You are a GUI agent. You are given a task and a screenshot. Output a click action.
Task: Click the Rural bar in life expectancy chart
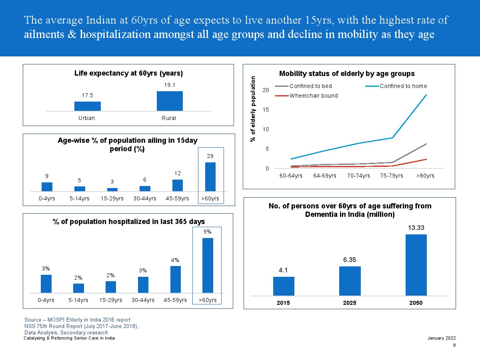click(x=170, y=101)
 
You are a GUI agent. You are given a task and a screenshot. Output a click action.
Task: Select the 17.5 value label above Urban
click(x=87, y=95)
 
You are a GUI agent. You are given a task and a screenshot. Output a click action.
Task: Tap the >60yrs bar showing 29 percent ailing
click(x=210, y=177)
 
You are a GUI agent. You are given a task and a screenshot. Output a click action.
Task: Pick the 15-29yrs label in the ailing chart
click(x=112, y=198)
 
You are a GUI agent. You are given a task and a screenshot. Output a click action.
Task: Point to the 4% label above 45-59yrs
click(x=175, y=260)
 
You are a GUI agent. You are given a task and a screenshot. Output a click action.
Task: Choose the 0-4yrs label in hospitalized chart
click(x=46, y=300)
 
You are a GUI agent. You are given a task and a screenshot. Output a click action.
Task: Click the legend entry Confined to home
click(x=403, y=86)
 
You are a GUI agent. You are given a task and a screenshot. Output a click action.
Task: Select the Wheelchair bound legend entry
click(x=313, y=96)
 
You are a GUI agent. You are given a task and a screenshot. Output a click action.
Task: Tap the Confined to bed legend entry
click(x=310, y=86)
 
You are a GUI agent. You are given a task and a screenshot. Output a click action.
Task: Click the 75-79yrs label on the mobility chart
click(x=392, y=176)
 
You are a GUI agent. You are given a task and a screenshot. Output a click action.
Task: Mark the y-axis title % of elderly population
click(x=253, y=109)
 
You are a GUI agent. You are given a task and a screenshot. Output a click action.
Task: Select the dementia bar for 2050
click(x=416, y=265)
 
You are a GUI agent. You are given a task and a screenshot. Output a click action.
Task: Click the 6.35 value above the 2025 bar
click(x=350, y=260)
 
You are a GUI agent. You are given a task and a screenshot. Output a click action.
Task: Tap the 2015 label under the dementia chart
click(x=284, y=303)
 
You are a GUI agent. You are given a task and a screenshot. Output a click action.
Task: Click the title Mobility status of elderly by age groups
click(x=346, y=74)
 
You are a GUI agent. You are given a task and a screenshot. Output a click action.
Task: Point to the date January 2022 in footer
click(x=442, y=338)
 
